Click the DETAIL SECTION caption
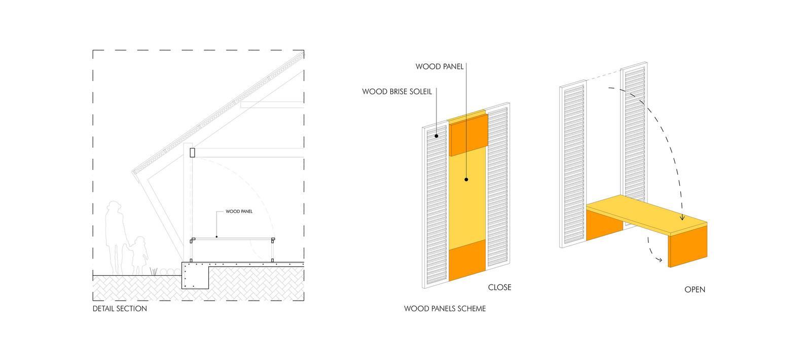coord(120,308)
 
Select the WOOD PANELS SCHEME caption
coord(445,308)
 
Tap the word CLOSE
coord(499,287)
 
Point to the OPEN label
coord(695,290)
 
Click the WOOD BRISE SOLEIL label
coord(397,92)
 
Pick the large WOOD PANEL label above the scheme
coord(440,66)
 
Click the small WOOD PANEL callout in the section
coord(239,211)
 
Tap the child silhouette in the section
coord(139,254)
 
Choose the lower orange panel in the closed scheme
coord(467,262)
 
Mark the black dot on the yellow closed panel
coord(466,179)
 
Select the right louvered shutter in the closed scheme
coord(497,188)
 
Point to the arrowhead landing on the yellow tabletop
coord(682,218)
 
